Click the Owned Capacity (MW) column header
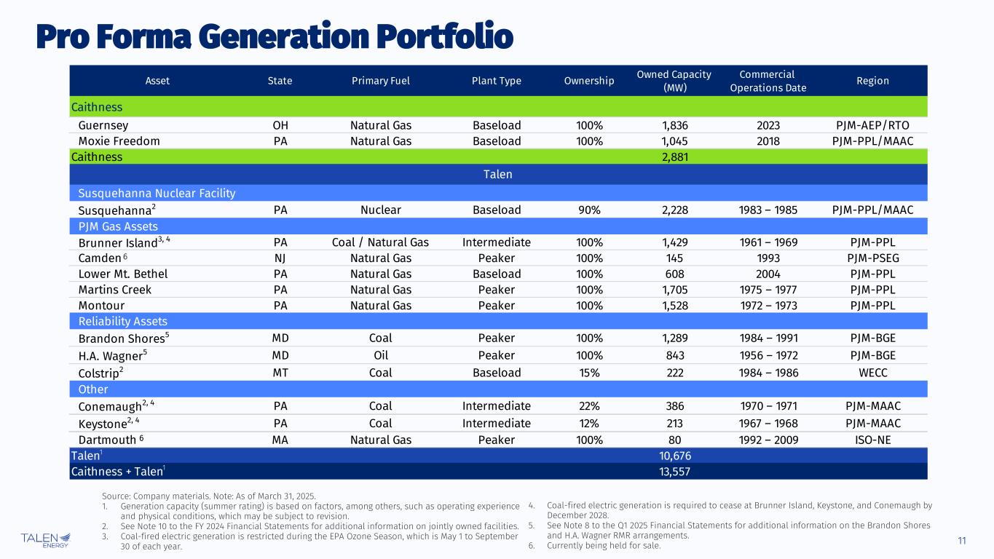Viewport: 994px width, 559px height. [x=674, y=81]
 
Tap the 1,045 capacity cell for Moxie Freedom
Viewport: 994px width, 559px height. [x=674, y=140]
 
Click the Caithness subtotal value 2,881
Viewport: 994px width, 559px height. [x=674, y=156]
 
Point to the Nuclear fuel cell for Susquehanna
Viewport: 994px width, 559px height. [x=380, y=210]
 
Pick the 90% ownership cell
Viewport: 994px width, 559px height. [x=589, y=210]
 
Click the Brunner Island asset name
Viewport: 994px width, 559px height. [x=118, y=242]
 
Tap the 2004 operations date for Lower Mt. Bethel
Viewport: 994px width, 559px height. [x=768, y=274]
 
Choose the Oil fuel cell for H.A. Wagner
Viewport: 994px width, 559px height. [x=380, y=355]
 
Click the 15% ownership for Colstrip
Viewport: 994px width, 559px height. [x=589, y=373]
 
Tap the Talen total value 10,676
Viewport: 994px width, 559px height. [x=674, y=456]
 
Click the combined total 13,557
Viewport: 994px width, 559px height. [x=674, y=471]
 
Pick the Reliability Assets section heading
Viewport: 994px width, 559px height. [x=122, y=321]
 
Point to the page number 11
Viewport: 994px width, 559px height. [x=962, y=540]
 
